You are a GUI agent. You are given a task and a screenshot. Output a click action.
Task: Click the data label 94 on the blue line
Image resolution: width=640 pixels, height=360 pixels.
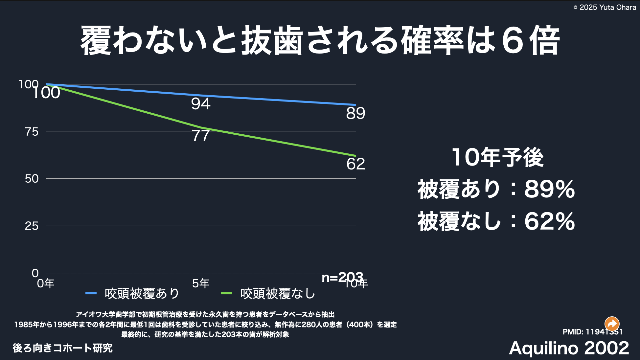click(x=201, y=104)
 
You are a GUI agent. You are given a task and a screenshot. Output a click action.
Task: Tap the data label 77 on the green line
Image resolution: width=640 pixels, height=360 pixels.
click(x=201, y=136)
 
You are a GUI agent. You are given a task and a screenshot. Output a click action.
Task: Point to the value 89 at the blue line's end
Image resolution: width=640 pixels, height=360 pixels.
click(x=355, y=114)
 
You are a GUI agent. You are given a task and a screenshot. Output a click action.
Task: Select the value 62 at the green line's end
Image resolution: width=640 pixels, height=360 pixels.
click(x=355, y=164)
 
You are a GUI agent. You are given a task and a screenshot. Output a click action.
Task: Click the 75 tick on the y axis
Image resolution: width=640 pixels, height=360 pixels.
click(x=32, y=132)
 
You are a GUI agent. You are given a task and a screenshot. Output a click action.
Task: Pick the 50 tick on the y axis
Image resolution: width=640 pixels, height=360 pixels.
click(x=32, y=179)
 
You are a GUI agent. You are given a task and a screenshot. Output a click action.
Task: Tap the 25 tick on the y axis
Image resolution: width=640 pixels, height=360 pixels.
click(x=32, y=226)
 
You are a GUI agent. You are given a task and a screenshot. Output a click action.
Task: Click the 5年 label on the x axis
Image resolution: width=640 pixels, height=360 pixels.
click(x=201, y=283)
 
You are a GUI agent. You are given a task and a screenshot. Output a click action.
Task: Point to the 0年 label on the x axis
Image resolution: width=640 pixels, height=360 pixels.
click(x=46, y=283)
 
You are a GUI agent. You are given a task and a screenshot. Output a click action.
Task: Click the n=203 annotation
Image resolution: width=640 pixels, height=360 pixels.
click(x=342, y=278)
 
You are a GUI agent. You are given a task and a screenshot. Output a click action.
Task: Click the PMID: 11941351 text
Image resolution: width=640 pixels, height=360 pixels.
click(x=592, y=332)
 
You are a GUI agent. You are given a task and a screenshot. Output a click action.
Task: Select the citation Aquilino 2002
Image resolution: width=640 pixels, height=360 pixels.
click(x=569, y=348)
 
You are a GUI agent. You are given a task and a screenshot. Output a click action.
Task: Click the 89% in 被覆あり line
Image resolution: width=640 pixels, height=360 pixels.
click(x=549, y=190)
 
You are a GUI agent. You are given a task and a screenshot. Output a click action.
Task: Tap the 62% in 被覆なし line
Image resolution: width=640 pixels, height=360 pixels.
click(x=549, y=221)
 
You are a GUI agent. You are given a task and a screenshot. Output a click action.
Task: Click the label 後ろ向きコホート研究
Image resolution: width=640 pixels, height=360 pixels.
click(x=62, y=348)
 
